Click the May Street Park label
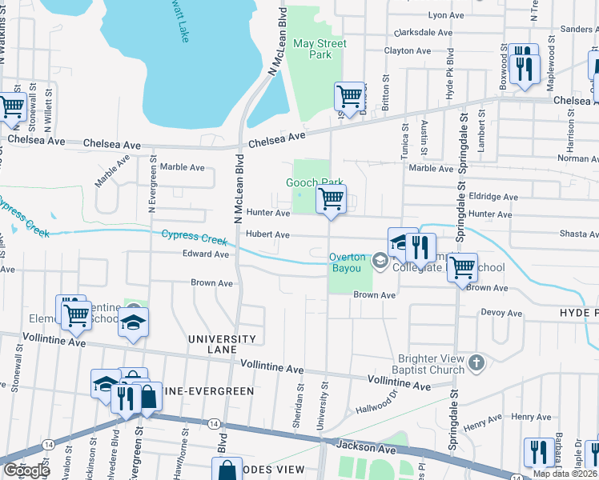tap(312, 49)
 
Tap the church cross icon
tap(476, 363)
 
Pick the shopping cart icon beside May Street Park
tap(350, 97)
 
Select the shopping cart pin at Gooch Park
tap(331, 198)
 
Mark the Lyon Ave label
tap(447, 14)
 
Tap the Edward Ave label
tap(208, 254)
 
